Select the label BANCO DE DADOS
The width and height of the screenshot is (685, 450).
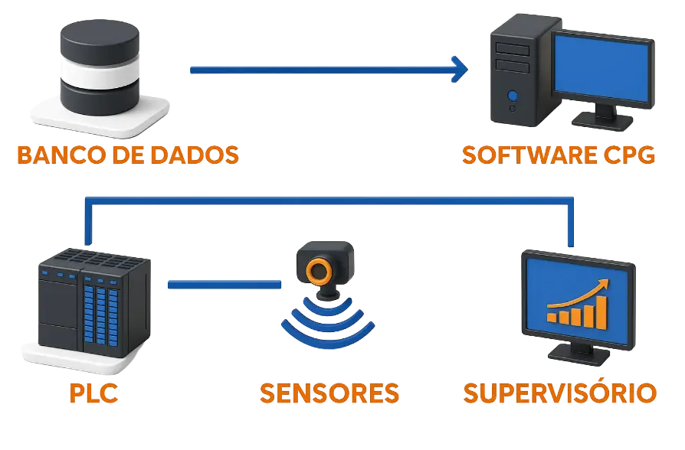[x=127, y=155]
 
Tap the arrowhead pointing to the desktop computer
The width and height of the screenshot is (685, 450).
[x=460, y=69]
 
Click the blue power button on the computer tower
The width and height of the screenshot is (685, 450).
[x=513, y=96]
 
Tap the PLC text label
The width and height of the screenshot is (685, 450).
[x=93, y=393]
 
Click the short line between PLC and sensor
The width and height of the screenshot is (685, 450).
[x=224, y=285]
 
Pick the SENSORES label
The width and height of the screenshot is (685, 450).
[x=329, y=393]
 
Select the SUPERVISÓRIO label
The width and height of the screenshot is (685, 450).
[x=559, y=393]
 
